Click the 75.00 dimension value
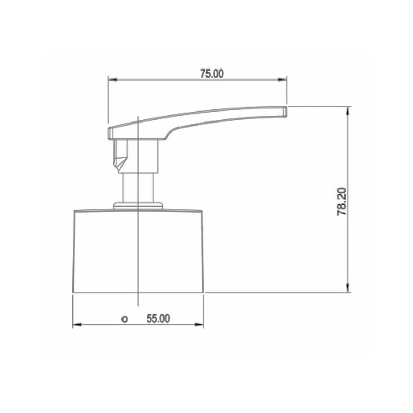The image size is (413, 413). (212, 74)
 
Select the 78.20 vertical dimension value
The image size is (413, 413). (341, 201)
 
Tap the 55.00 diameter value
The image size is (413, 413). (158, 318)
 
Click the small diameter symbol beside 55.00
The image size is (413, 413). (125, 319)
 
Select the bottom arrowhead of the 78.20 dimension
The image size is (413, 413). (348, 287)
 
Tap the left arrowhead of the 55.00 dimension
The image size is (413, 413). (77, 325)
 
